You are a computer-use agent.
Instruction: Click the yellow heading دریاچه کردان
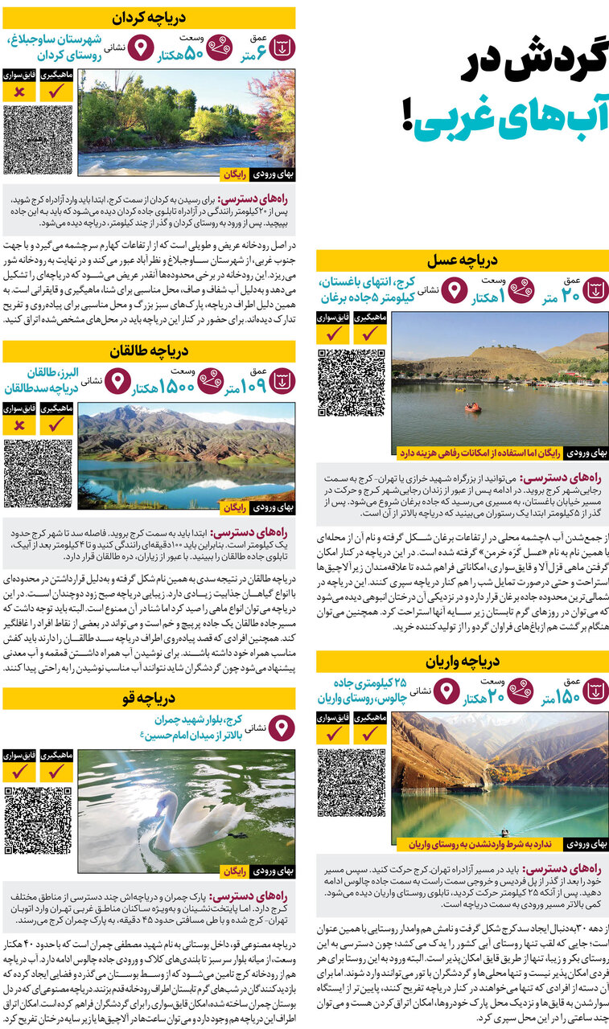149,17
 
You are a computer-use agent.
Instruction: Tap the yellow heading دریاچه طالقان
149,351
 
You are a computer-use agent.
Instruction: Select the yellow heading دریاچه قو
149,697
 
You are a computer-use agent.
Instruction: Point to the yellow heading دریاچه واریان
463,661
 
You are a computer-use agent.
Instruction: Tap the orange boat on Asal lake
473,407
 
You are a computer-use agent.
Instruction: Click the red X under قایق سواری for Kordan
19,91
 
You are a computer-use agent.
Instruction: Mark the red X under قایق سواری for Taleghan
19,424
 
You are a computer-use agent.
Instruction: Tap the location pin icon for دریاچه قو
281,728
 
